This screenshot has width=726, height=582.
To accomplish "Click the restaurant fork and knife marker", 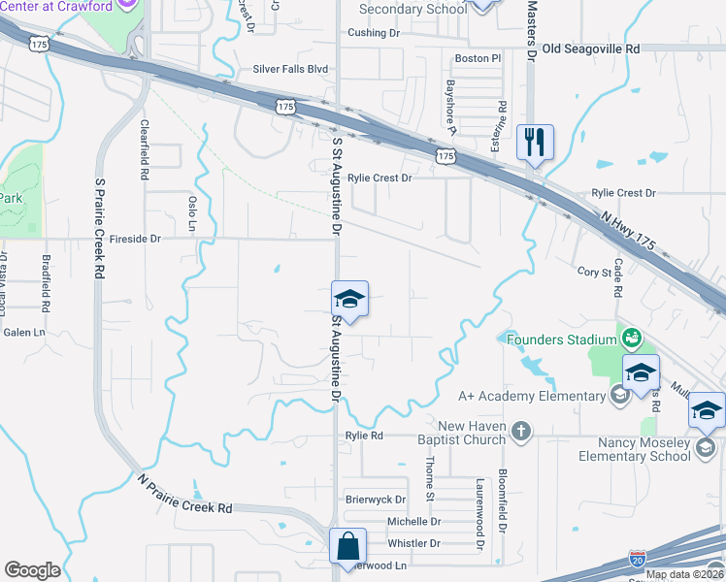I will click(535, 142).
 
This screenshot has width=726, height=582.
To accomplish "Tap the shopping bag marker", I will click(347, 546).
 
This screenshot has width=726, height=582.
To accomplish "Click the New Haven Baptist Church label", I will click(473, 433).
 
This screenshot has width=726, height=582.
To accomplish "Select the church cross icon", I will click(521, 430).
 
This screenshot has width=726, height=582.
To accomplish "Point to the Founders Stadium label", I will click(562, 339).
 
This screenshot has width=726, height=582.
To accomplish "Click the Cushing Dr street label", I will click(374, 33).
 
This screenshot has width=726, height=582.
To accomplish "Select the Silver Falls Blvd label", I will click(290, 69).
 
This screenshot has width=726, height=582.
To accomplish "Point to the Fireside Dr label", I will click(135, 238).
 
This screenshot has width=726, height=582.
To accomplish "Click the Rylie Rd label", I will click(364, 436).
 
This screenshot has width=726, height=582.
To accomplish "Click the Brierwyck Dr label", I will click(376, 500).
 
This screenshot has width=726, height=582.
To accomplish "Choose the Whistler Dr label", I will click(413, 545).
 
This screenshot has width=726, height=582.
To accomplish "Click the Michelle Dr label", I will click(414, 522).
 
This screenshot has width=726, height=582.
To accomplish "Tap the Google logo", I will click(32, 570).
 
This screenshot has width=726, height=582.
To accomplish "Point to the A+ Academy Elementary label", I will click(532, 396).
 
